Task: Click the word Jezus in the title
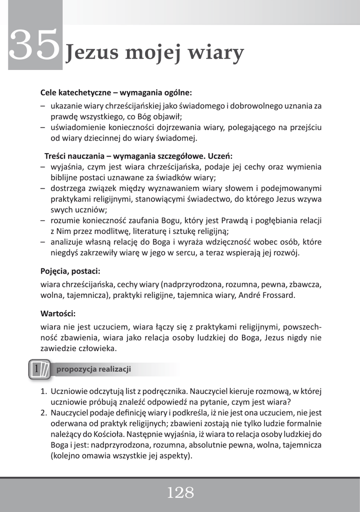(x=89, y=52)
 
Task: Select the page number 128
(x=180, y=493)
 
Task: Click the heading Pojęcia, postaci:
(x=70, y=271)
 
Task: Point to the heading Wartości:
(x=58, y=314)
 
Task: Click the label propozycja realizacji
(x=93, y=369)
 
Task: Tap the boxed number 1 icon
(x=37, y=369)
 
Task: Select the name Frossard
(x=277, y=295)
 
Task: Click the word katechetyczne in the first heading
(x=82, y=92)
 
